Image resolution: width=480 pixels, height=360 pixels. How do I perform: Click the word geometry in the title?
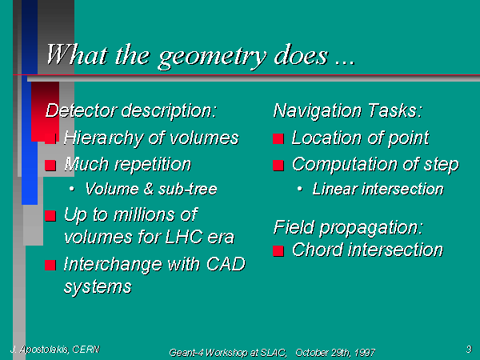coord(212,57)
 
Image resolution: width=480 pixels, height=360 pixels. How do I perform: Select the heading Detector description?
coord(131,111)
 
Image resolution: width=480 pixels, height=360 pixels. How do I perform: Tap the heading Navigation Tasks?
coord(348,110)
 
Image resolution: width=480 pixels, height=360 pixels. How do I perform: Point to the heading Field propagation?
coord(348,228)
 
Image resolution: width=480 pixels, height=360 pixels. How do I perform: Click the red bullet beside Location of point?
coord(278,138)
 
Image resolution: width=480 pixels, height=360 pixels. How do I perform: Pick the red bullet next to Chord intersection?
coord(278,251)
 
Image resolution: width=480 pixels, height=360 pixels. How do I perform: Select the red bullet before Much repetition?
coord(50,166)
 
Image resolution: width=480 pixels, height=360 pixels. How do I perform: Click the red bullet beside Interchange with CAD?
coord(50,265)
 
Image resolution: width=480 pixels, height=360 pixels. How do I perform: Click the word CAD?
coord(226,264)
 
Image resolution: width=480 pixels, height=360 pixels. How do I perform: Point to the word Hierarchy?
coord(104,138)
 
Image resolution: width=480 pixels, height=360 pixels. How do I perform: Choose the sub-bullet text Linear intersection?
coord(378,189)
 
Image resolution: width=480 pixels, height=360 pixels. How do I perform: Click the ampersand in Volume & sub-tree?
coord(149,189)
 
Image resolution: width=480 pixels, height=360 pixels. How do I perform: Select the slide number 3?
coord(470,349)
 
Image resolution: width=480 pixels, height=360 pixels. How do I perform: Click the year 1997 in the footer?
coord(365,353)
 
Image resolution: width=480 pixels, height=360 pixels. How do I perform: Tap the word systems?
coord(98,287)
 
